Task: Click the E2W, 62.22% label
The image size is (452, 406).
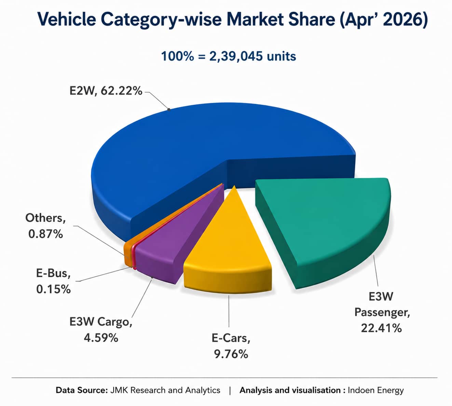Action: (x=106, y=91)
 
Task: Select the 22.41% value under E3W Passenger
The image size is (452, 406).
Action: (x=381, y=328)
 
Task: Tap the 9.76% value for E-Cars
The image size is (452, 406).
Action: (x=231, y=354)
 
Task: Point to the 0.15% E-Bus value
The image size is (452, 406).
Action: (x=53, y=289)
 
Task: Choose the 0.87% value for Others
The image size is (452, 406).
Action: (x=45, y=234)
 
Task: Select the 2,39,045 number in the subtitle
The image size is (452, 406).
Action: (x=236, y=56)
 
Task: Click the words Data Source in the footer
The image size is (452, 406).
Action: (x=82, y=390)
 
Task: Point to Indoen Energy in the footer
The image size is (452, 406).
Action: (x=375, y=390)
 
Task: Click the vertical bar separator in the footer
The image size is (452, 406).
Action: (x=230, y=390)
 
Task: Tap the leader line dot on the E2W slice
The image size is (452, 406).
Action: (x=168, y=109)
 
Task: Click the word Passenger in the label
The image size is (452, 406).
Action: (x=382, y=313)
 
